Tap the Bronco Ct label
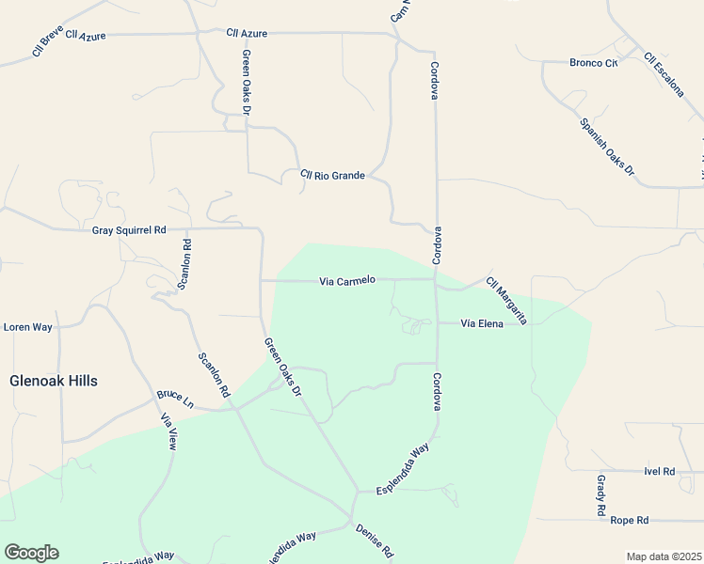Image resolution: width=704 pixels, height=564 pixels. tap(593, 64)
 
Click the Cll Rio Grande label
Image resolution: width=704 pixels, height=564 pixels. tap(332, 176)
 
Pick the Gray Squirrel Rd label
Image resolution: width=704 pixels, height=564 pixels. tap(129, 230)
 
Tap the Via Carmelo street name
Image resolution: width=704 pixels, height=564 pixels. tap(347, 281)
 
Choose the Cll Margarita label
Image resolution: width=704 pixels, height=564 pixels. tap(507, 301)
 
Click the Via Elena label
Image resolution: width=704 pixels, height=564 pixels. tap(482, 324)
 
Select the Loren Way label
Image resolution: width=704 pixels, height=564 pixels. tap(28, 327)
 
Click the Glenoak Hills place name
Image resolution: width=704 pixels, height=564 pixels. tap(54, 381)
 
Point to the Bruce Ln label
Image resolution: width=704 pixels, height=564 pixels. tap(175, 399)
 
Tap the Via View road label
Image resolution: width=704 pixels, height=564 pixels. tap(168, 431)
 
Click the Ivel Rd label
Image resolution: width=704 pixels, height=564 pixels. tap(660, 471)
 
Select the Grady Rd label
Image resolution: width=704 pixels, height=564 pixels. tap(600, 496)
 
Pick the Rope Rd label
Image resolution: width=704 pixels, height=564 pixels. tap(630, 520)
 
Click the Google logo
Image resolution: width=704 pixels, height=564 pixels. tap(31, 553)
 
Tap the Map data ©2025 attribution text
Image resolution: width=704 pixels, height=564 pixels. tap(664, 556)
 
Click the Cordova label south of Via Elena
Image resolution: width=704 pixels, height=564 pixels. tap(437, 392)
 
